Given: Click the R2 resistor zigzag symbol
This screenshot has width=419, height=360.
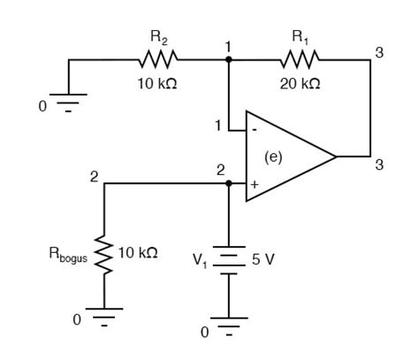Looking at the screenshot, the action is pos(158,59).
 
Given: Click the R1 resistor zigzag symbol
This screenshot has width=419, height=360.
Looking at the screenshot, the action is pos(300,59).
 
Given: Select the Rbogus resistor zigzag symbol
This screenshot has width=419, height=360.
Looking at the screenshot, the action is pos(103,255).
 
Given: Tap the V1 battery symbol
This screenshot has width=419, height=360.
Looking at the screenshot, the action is pos(229,260).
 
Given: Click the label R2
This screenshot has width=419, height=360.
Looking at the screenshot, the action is pos(159,38).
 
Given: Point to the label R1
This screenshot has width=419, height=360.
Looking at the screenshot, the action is pos(301,38).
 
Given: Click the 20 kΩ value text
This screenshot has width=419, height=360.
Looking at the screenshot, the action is pos(300,84).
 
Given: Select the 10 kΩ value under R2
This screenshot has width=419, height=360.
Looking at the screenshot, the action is pos(157,84).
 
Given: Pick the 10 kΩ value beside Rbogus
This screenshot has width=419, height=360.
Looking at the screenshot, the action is pos(138,253).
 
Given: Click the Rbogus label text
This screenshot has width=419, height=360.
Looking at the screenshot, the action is pos(68,255).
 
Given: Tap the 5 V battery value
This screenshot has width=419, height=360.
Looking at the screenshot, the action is pos(263,259).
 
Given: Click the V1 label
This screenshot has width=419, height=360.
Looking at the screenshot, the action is pos(200,261).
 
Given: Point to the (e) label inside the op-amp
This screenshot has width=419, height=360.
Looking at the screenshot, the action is pos(273,157).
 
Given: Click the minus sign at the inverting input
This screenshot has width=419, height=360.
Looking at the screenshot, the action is pos(255,129).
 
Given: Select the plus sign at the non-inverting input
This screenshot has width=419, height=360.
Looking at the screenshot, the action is pos(255,185).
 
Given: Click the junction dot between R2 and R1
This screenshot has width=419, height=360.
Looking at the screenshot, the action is pos(228,59).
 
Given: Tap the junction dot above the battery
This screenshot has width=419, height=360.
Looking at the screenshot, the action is pos(229,183).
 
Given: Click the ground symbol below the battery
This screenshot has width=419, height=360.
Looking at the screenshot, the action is pos(229,326).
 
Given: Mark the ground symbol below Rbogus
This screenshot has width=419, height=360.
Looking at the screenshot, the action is pos(104,318).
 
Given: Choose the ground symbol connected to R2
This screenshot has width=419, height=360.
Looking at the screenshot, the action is pos(68,103).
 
